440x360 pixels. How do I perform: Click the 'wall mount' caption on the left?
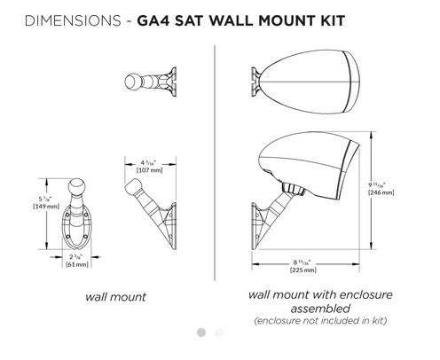[115, 296]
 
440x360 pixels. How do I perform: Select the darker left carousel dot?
[201, 333]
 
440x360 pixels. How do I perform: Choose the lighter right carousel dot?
[219, 333]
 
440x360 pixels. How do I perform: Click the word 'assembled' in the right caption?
[320, 308]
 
